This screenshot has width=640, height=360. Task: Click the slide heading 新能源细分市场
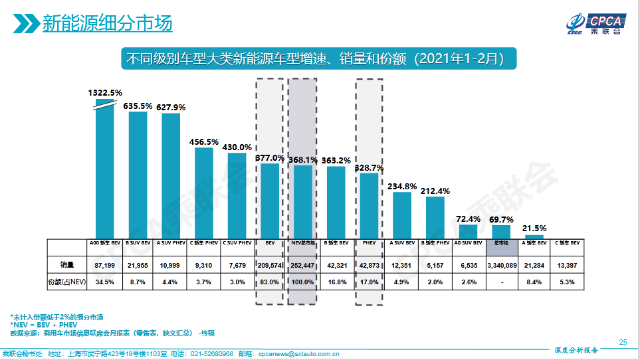click(107, 24)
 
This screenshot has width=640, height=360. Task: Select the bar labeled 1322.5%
click(104, 169)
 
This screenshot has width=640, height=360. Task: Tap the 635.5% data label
click(138, 106)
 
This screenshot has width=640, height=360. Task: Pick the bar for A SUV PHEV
click(171, 175)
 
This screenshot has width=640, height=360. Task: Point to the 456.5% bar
click(204, 193)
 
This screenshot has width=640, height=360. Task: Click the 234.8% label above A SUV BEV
click(403, 187)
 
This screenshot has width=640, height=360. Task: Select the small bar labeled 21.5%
click(535, 236)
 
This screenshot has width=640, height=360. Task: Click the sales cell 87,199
click(104, 266)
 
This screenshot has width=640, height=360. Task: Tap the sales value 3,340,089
click(502, 266)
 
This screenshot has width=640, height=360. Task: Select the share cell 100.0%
click(303, 282)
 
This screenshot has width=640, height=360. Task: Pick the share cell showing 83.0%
click(270, 282)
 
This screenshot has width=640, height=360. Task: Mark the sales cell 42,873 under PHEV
click(370, 266)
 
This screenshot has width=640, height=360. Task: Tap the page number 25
click(623, 342)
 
